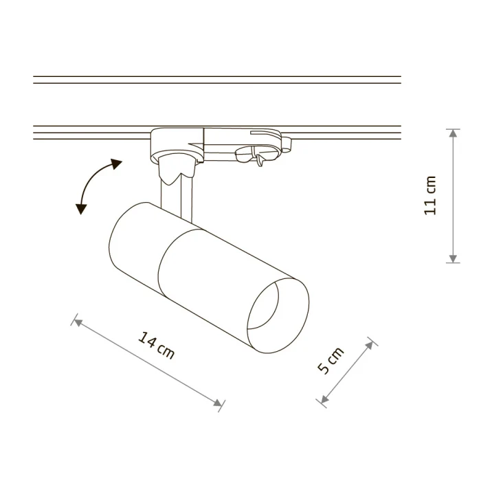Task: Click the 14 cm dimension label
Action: pos(157,346)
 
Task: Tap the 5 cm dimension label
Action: pos(331,361)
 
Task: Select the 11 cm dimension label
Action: pos(429,196)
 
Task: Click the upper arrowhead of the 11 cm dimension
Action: pos(453,133)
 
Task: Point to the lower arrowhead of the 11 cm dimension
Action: pos(453,258)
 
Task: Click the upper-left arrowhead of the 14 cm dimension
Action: pos(78,322)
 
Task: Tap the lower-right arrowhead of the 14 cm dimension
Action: pos(218,403)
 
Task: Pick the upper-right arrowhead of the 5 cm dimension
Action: pos(370,345)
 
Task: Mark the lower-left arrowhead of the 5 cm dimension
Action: pos(324,399)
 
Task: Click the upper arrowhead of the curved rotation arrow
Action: pos(116,164)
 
